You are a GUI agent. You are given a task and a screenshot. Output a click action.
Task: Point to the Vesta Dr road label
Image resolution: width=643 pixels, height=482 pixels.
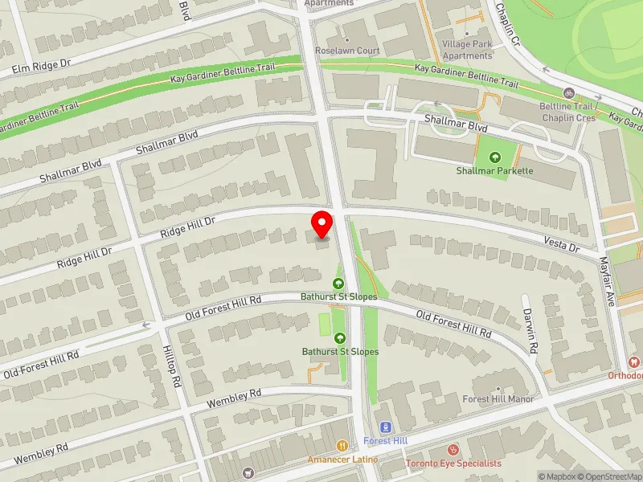(561, 244)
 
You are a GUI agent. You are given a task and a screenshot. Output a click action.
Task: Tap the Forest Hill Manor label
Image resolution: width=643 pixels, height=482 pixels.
(498, 399)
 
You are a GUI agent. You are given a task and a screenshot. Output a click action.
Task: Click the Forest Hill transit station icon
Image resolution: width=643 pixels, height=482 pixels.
(384, 427)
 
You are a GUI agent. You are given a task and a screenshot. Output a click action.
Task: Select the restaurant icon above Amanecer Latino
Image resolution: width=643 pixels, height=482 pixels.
(342, 446)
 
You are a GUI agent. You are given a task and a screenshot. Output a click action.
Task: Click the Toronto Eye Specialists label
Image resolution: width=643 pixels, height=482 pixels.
(453, 464)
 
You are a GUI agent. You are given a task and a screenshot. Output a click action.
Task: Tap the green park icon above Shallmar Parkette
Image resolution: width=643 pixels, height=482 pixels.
(494, 157)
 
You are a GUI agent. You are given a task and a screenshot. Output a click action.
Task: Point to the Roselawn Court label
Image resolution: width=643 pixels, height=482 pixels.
(347, 51)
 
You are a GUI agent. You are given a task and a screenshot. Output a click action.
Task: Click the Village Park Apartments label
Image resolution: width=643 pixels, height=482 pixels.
(468, 50)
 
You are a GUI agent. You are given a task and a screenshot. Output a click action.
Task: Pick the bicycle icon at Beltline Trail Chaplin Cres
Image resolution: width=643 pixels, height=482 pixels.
(569, 93)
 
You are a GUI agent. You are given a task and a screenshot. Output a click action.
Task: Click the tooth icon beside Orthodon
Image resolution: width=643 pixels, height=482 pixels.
(635, 362)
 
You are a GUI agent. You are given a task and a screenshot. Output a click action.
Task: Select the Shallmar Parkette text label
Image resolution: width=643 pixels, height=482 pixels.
(494, 171)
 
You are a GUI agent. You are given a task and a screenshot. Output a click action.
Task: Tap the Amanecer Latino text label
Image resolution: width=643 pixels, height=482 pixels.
(342, 460)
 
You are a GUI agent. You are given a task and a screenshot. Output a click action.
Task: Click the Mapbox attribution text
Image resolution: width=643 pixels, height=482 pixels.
(555, 476)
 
